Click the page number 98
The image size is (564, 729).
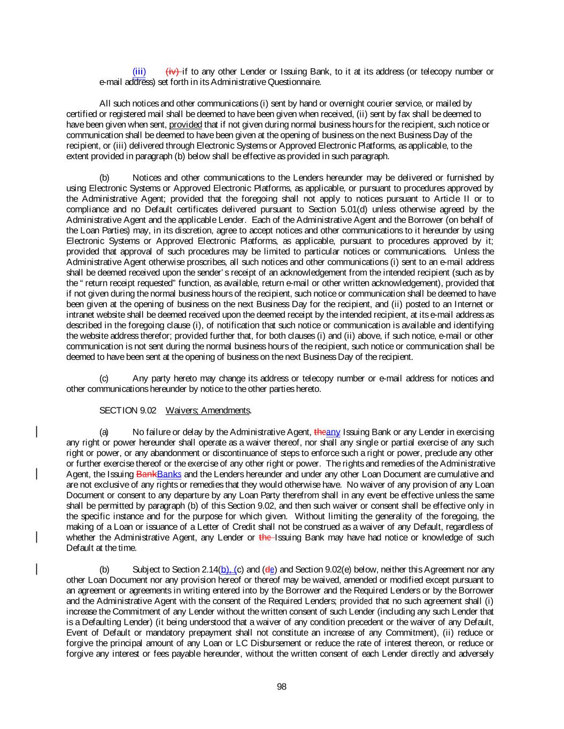click(282, 686)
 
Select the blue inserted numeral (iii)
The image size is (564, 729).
click(139, 72)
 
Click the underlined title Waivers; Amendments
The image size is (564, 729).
click(208, 410)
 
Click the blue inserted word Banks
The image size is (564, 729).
click(169, 474)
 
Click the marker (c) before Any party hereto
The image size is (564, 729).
click(104, 378)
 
